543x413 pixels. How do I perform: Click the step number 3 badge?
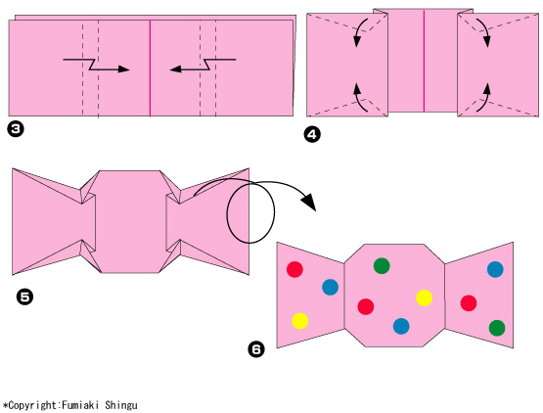click(16, 129)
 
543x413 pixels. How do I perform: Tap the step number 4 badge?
click(312, 134)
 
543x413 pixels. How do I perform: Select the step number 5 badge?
click(24, 298)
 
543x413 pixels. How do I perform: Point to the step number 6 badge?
click(256, 349)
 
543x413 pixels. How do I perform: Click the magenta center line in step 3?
click(150, 69)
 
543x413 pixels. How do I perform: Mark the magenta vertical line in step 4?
click(424, 61)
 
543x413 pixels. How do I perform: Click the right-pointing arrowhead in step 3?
click(123, 69)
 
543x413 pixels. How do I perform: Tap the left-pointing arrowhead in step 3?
click(175, 69)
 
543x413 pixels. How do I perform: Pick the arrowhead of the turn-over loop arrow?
click(309, 204)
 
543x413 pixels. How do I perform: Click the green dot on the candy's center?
click(382, 266)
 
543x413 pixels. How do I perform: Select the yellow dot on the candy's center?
click(425, 298)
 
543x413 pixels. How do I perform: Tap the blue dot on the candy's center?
click(401, 326)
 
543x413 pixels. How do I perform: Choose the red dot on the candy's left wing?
click(294, 269)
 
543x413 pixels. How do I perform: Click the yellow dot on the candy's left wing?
click(300, 320)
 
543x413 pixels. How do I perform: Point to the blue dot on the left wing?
click(330, 287)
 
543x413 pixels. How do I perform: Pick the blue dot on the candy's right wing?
click(495, 269)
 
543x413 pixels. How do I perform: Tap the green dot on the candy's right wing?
click(497, 328)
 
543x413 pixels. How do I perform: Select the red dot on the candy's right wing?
click(469, 302)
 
